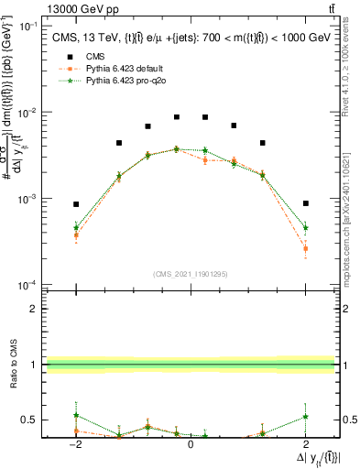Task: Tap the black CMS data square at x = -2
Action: click(76, 204)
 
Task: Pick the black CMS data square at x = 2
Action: click(306, 203)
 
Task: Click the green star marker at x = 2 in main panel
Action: click(306, 227)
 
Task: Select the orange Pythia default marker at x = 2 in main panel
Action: click(306, 248)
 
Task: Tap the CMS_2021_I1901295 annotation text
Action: click(190, 274)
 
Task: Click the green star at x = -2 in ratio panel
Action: click(76, 416)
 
